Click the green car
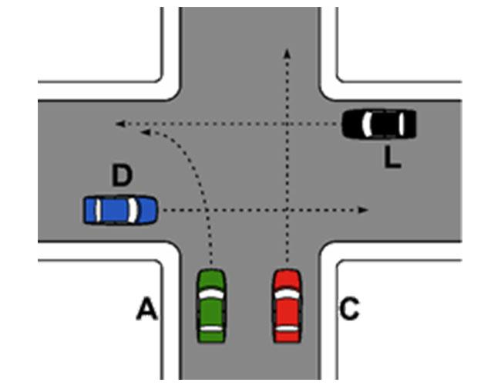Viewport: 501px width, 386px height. pos(211,306)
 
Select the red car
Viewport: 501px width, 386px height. pos(287,306)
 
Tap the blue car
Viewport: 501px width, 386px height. pos(120,210)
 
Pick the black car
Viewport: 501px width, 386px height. pos(379,124)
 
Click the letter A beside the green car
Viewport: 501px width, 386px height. pos(147,309)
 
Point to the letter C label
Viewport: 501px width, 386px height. pos(349,309)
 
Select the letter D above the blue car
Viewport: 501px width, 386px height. pos(123,175)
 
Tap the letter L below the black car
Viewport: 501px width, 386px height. pos(392,157)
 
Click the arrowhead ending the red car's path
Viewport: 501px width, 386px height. pos(287,53)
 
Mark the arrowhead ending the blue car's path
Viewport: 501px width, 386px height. pos(363,210)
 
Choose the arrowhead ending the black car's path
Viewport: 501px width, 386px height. pos(119,124)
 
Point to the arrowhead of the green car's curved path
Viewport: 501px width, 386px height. pos(146,131)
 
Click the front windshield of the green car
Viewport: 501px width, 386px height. pos(211,294)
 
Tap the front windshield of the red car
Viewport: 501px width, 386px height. pos(287,294)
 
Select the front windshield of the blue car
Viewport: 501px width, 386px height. pos(133,210)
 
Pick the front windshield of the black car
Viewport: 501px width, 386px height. pos(368,124)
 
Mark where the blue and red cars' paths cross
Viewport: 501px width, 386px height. pos(287,210)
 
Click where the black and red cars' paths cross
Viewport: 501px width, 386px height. pos(287,124)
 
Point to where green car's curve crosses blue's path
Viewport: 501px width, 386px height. pos(207,210)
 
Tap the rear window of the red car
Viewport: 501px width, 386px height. pos(287,328)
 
